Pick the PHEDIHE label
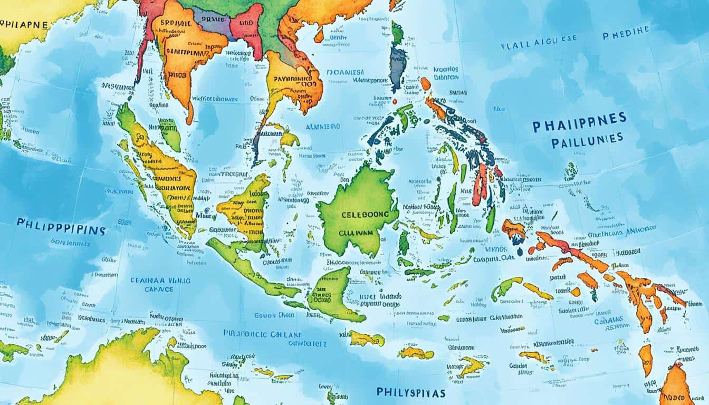point(626,31)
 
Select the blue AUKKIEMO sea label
point(322,127)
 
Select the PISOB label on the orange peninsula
point(177,75)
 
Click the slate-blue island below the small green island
point(398,69)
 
